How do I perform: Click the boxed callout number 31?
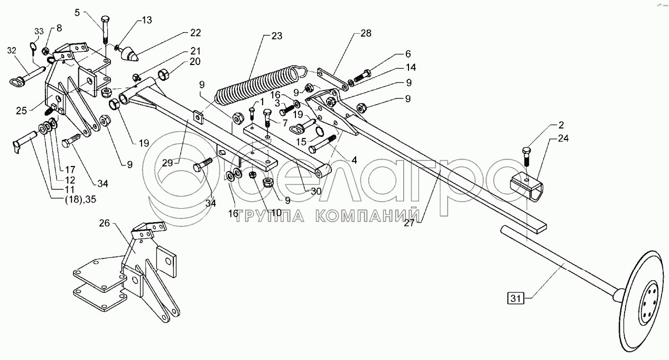click(x=516, y=299)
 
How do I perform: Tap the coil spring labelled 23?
click(x=260, y=87)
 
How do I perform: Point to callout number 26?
click(x=104, y=223)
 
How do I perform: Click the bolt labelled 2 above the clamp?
click(x=526, y=157)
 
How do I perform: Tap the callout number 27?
click(x=410, y=223)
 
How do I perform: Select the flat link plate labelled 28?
click(x=332, y=80)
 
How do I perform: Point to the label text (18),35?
click(x=81, y=199)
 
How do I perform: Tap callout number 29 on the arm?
click(x=168, y=163)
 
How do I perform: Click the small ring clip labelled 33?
click(x=33, y=48)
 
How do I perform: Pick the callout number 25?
click(x=22, y=111)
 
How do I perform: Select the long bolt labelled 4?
click(x=322, y=144)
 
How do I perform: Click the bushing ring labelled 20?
click(x=163, y=75)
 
